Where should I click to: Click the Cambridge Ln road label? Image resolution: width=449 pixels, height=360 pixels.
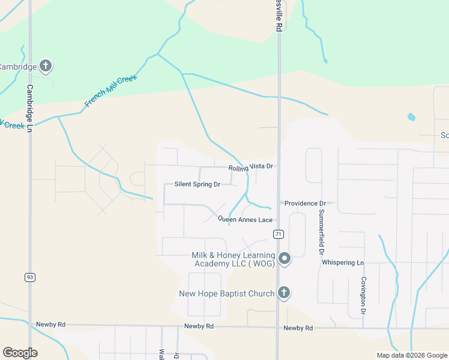pos(29,102)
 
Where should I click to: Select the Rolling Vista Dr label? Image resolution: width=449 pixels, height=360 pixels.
pos(251,167)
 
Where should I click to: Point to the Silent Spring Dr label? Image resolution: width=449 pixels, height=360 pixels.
pos(197,184)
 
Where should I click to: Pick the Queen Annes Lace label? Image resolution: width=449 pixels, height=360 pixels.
pos(245,220)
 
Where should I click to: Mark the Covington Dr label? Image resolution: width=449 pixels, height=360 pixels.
pos(363,295)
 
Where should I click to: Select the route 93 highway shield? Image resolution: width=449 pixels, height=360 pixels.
pos(29,277)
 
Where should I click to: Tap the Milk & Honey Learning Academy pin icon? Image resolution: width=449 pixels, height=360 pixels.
pos(285,259)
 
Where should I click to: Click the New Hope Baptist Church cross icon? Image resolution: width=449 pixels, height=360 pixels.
pos(284,293)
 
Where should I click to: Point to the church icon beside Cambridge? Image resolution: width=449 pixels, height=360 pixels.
pos(46,66)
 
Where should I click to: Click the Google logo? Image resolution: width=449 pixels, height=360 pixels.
pos(20,353)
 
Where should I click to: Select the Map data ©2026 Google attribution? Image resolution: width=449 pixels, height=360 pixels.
pos(411,355)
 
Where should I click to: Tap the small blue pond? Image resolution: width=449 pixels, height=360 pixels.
pos(411,117)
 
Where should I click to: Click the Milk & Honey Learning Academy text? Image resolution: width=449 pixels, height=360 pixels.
pos(233,259)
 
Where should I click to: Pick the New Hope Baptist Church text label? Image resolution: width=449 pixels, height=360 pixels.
pos(227,293)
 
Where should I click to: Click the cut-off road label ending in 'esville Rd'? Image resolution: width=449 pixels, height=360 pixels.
pos(279,18)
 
